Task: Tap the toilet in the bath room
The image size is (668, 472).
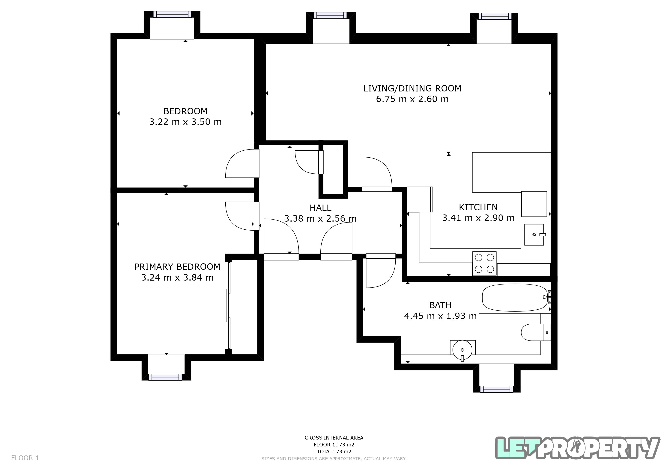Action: tap(536, 332)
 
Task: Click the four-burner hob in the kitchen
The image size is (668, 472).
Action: tap(484, 264)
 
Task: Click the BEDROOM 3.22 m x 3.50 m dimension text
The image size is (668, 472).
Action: tap(185, 122)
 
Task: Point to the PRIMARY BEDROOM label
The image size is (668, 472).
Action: tap(177, 267)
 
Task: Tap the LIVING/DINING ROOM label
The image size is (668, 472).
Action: tap(412, 88)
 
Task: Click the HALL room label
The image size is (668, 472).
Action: tap(320, 208)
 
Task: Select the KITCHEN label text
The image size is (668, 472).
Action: tap(478, 207)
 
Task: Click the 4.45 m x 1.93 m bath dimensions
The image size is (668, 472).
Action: tap(440, 316)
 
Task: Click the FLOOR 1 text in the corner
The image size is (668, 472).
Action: tap(25, 458)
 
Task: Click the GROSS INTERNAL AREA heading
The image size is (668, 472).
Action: tap(334, 438)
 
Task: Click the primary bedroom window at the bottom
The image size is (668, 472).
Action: tap(165, 377)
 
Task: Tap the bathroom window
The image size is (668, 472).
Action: tap(496, 389)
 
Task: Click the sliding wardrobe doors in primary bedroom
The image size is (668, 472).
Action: tap(229, 305)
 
